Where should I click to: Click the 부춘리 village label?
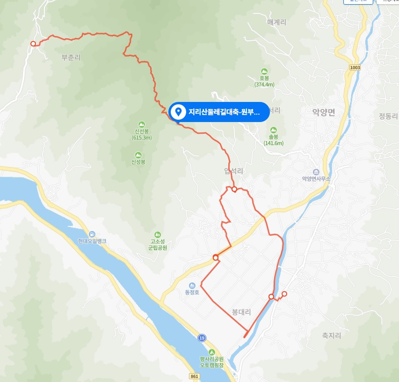[71, 58]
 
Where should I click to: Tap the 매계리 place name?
[276, 22]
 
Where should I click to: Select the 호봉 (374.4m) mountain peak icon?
[264, 72]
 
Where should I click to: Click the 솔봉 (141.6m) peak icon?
[274, 130]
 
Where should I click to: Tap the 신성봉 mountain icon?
[138, 155]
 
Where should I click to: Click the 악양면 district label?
[324, 112]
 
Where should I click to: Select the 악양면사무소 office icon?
[316, 172]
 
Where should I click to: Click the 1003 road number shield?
[355, 68]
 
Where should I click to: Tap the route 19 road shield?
[202, 338]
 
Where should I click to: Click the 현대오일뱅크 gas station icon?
[92, 234]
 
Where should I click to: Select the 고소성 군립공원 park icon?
[158, 234]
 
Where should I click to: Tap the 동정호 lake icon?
[192, 285]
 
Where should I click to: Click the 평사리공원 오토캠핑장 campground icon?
[212, 352]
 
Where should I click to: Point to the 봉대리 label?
[241, 311]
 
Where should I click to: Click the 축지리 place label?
[331, 335]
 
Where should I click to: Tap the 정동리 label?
[388, 116]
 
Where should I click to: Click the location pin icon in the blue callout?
[178, 112]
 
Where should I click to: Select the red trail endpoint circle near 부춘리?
[33, 44]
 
